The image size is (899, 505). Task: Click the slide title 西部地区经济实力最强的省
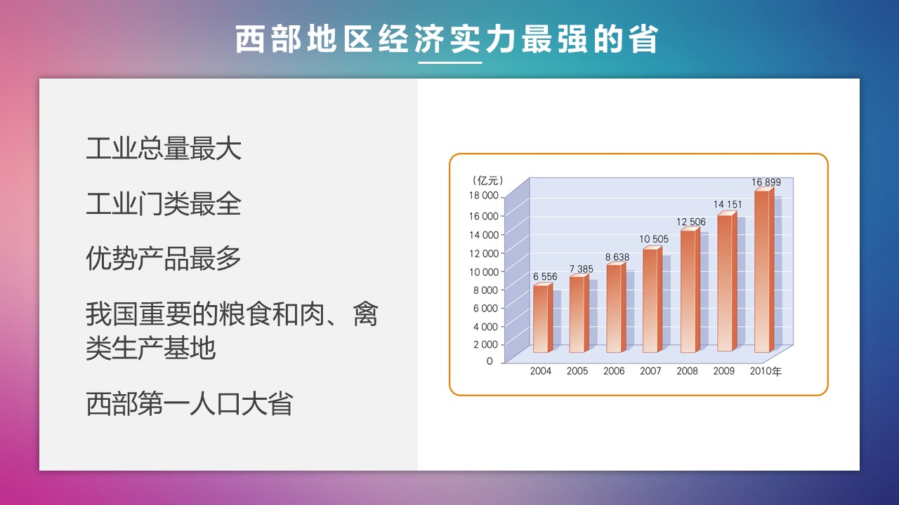(446, 39)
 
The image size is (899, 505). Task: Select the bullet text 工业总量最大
(164, 149)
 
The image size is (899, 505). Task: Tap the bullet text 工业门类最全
(164, 203)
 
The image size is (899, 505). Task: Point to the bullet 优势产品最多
(164, 259)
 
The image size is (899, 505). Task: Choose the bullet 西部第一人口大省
(190, 403)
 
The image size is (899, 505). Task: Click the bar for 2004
(543, 318)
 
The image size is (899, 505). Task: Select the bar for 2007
(652, 299)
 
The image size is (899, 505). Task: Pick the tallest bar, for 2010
(764, 270)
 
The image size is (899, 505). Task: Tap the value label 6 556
(545, 276)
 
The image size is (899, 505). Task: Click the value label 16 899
(766, 182)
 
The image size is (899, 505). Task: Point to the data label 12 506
(690, 222)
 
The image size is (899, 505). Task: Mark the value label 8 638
(617, 257)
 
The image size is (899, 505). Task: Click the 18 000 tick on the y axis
(484, 196)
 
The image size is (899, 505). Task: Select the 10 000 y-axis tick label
(484, 272)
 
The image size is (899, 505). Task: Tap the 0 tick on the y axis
(490, 361)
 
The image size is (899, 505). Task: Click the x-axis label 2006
(614, 371)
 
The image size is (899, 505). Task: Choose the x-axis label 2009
(723, 371)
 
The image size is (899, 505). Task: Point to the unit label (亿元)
(488, 181)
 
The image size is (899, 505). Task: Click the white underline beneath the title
(449, 62)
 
